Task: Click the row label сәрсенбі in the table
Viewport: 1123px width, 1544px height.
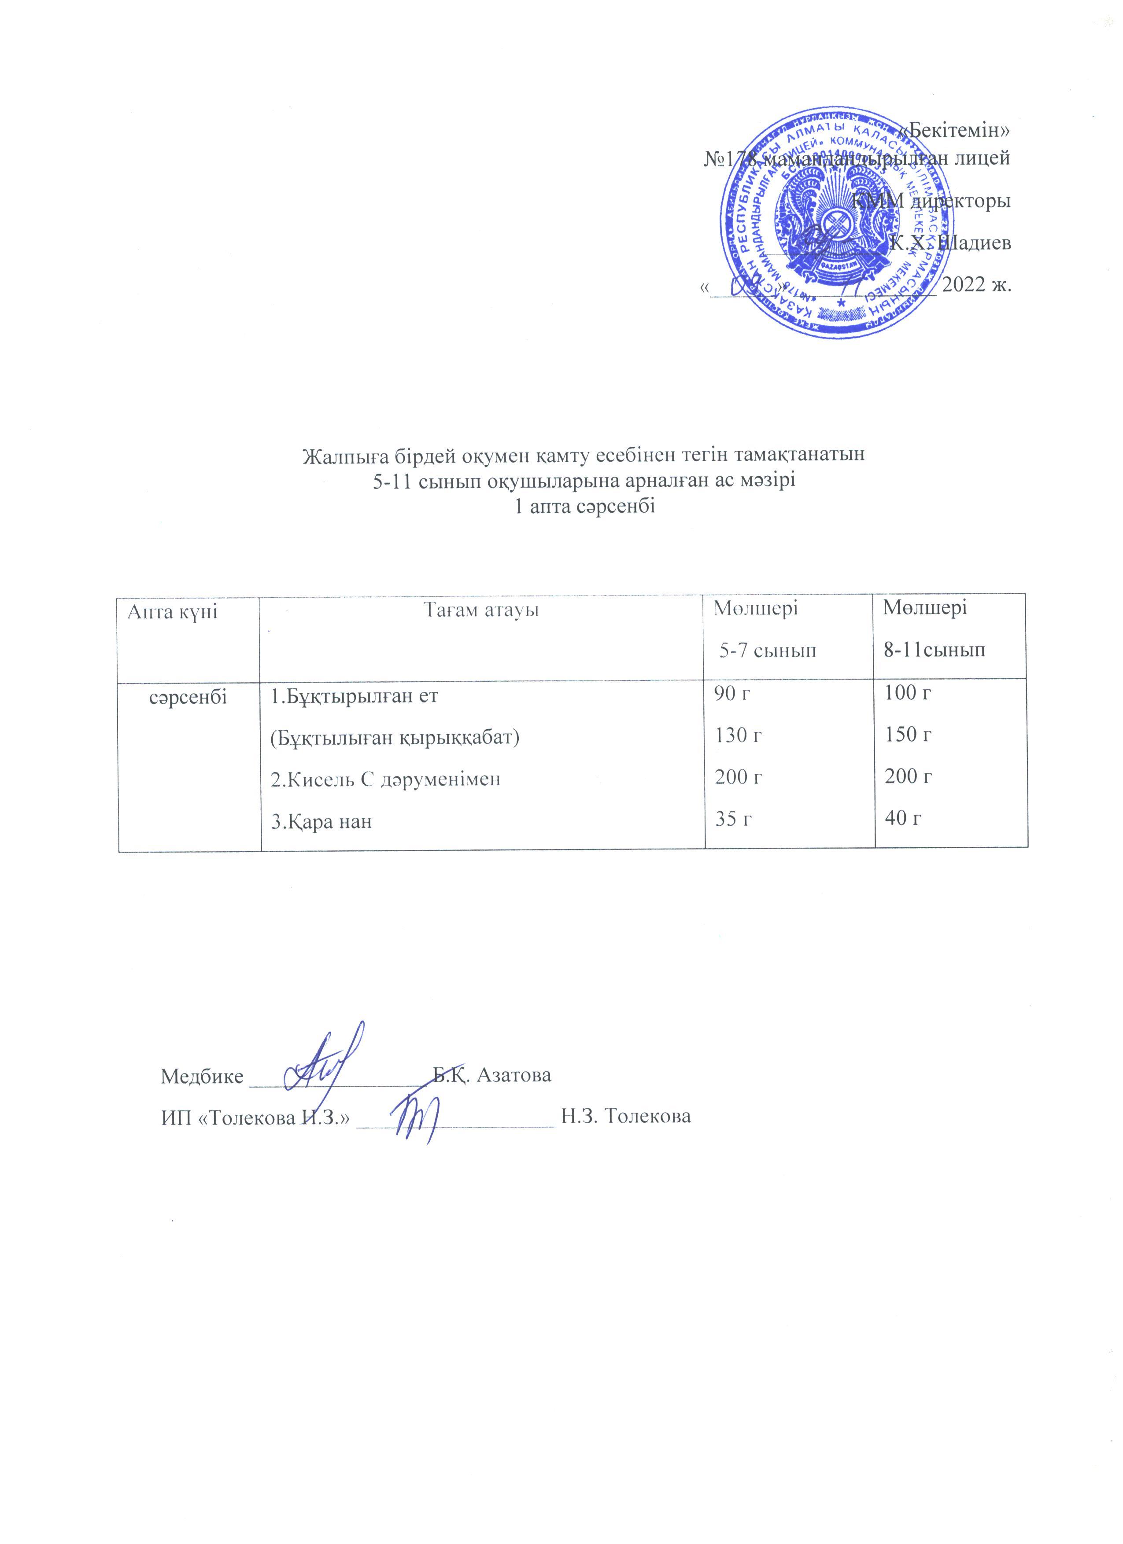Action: point(188,696)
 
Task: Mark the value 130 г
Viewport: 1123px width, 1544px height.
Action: point(738,736)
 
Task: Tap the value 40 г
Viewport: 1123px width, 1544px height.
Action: point(903,818)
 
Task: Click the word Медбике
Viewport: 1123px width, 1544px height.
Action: point(202,1076)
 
